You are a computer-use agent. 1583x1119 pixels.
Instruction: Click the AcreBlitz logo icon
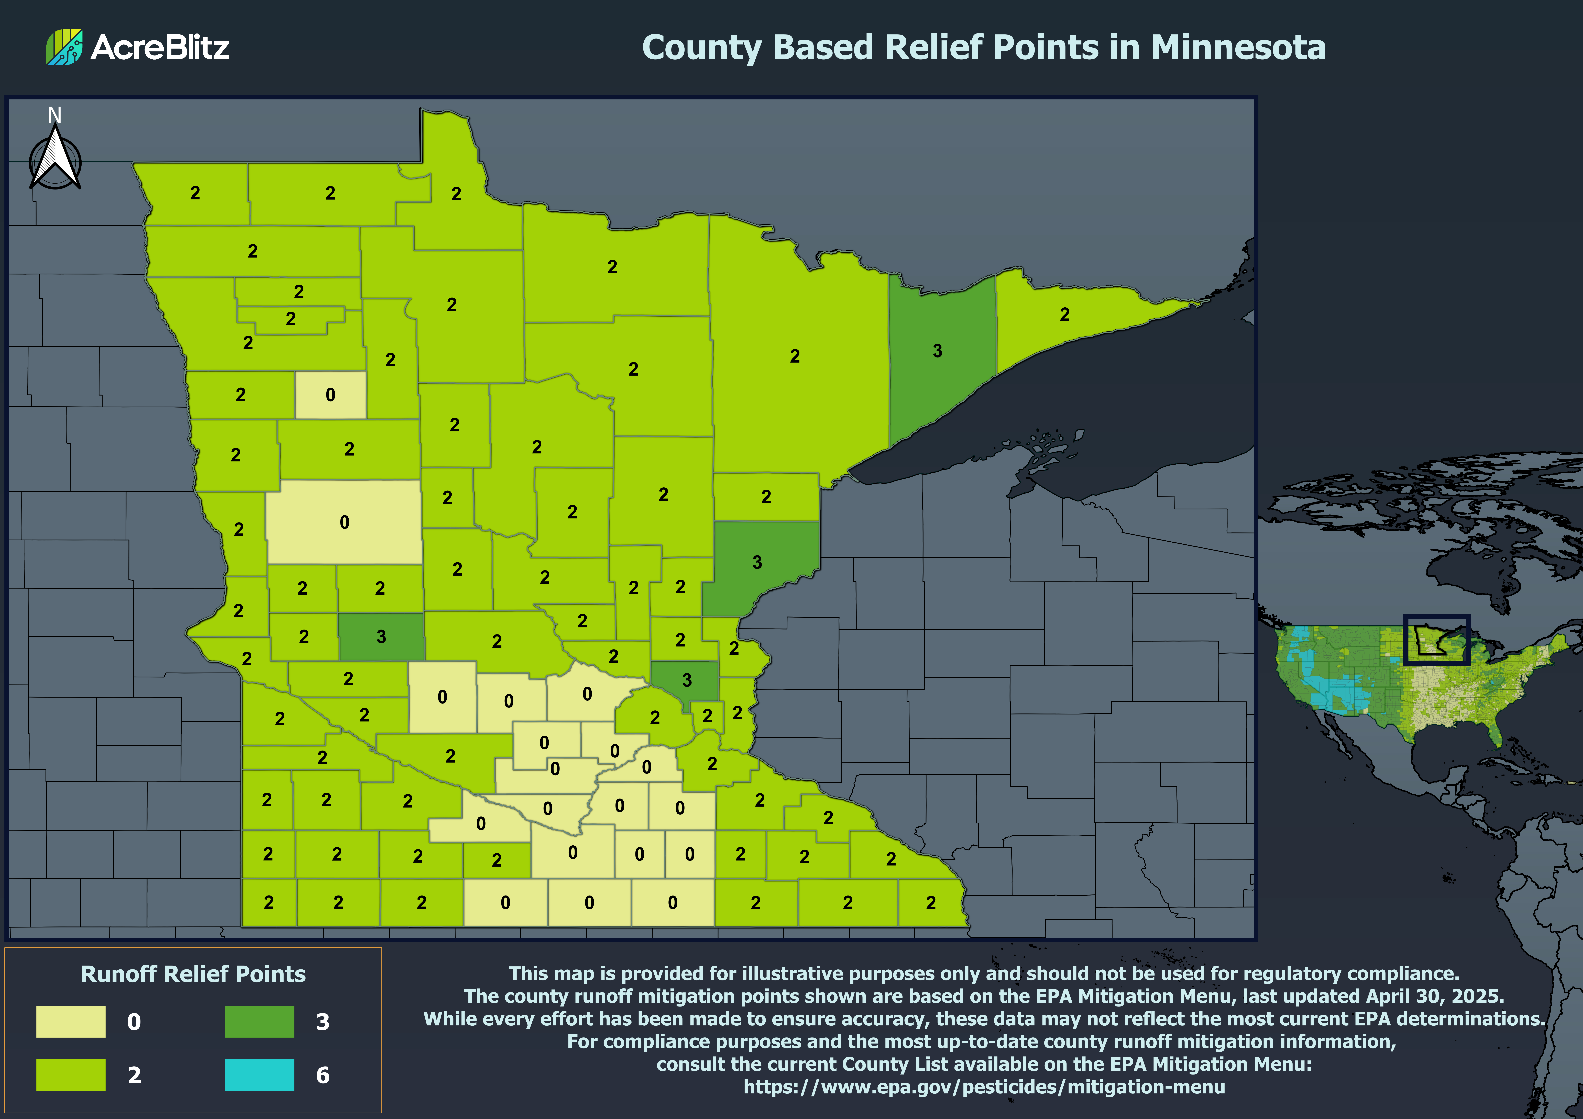[x=64, y=47]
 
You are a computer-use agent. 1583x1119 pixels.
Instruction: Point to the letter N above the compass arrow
[x=54, y=115]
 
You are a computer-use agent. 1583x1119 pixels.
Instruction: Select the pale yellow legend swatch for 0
[x=71, y=1021]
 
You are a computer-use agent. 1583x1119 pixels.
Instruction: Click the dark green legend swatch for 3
[x=259, y=1021]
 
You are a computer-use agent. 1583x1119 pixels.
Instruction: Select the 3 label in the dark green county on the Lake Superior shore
[x=937, y=351]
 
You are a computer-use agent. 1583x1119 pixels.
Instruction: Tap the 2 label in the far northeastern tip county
[x=1064, y=314]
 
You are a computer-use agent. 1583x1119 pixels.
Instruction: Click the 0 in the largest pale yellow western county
[x=344, y=523]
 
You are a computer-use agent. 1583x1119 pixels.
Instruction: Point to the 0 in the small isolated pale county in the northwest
[x=330, y=395]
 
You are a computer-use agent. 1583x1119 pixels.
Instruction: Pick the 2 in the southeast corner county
[x=931, y=902]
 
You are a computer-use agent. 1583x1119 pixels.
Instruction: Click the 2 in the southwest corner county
[x=269, y=902]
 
